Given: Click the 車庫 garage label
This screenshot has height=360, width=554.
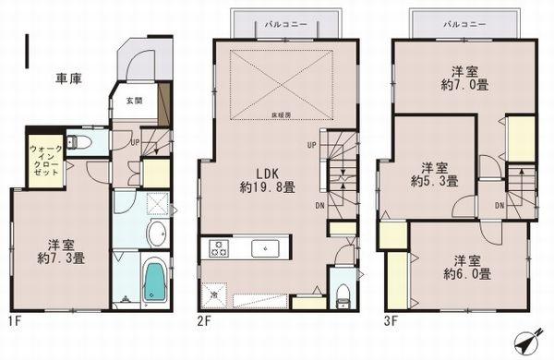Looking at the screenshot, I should tap(69, 79).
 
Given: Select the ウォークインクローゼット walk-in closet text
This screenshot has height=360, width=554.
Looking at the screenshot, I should tap(43, 160).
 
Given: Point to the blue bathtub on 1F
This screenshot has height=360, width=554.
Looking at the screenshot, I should tap(153, 280).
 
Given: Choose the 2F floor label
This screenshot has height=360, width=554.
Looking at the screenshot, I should tap(204, 319).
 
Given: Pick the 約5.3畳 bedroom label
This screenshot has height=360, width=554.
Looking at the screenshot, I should tap(428, 175).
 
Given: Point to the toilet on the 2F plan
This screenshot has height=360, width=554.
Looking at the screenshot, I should tap(343, 294).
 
